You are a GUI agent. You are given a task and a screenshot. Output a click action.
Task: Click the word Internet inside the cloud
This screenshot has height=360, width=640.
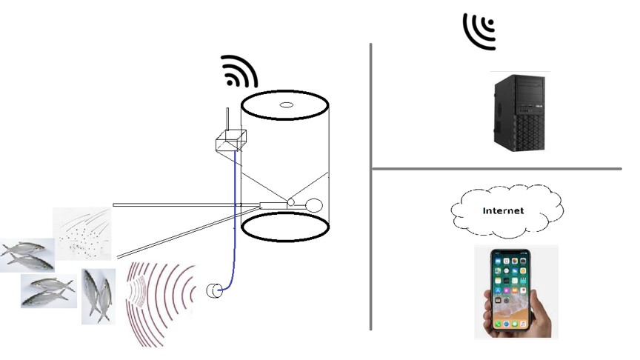(503, 211)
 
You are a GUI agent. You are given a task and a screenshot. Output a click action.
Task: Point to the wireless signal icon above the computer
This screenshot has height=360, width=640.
(479, 30)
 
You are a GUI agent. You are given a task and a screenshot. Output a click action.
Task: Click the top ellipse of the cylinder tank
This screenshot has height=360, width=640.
(284, 107)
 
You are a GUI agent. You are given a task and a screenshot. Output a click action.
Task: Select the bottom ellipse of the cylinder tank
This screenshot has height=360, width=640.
(284, 227)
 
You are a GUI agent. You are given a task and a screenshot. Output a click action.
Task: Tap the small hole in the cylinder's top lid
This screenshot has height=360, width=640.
(285, 104)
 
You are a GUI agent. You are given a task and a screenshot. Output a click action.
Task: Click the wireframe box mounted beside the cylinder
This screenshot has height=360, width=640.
(228, 141)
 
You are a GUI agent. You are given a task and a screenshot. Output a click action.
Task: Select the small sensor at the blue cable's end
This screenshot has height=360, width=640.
(213, 290)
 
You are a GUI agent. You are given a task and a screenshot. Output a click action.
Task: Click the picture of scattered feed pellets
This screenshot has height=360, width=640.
(82, 234)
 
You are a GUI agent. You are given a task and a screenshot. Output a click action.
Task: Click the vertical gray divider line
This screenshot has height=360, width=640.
(370, 185)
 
